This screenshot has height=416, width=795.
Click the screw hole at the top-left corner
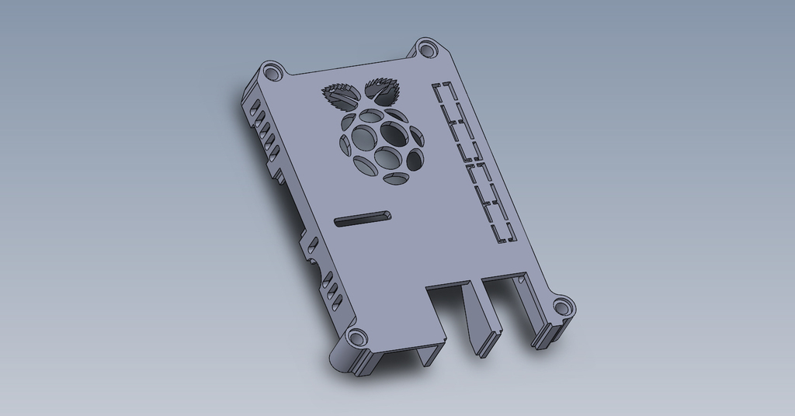pos(271,74)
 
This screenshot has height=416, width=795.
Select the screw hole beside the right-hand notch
pos(561,307)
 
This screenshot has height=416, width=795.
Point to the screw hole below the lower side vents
pos(356,338)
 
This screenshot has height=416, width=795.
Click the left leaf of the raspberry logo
pos(340,97)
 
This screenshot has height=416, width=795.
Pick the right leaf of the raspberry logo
pos(383,89)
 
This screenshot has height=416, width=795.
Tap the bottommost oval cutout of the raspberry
pos(396,179)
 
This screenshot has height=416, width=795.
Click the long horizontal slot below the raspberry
pos(362,218)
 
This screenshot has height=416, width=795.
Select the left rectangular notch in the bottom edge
pos(449,310)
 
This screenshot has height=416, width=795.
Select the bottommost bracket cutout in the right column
pos(502,231)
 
